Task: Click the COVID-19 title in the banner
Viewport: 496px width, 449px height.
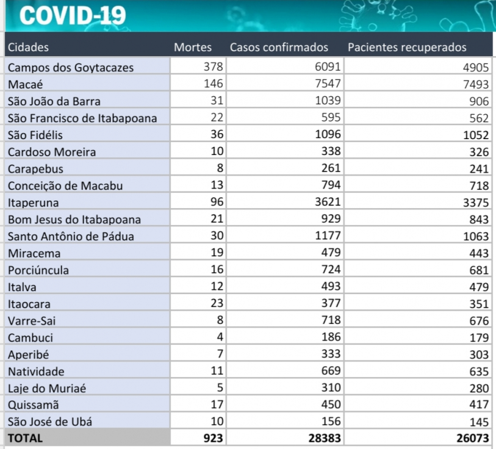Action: [73, 15]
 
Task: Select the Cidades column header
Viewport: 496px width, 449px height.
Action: [28, 47]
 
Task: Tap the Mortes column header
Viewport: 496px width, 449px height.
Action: [193, 47]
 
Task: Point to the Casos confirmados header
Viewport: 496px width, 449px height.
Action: [279, 47]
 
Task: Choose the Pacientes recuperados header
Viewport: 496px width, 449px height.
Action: [407, 47]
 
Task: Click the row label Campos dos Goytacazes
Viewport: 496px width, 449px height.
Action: [71, 67]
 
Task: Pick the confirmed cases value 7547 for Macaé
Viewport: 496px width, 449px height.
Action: [327, 84]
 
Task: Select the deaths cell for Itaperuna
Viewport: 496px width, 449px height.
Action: [215, 202]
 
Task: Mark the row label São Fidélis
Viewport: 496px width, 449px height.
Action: [35, 135]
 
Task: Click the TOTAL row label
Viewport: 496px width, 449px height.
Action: [26, 437]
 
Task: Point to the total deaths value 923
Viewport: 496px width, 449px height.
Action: [213, 437]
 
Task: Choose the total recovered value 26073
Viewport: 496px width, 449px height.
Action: [472, 438]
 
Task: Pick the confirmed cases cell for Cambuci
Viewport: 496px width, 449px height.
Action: [330, 336]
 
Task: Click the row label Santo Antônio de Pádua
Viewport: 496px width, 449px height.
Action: [71, 236]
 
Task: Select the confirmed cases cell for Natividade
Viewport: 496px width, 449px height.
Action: [330, 370]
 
